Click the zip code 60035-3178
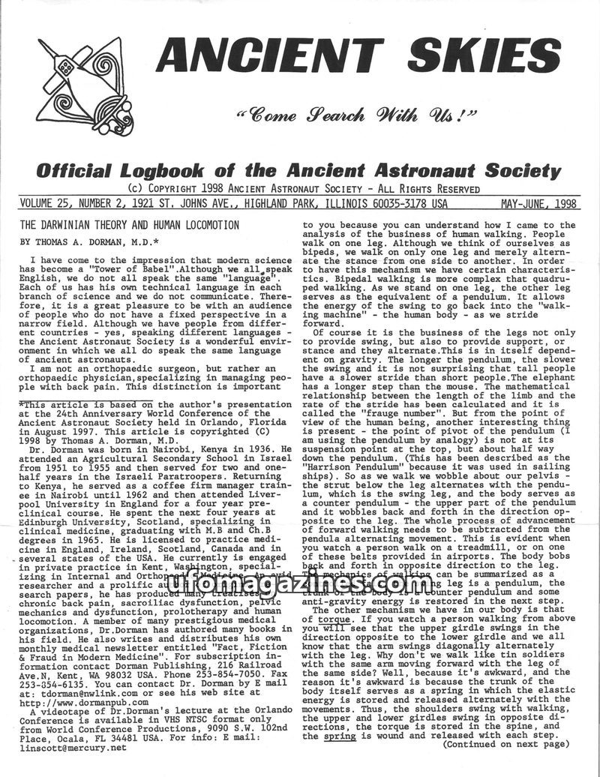coord(400,204)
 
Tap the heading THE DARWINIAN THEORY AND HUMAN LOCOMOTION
coord(130,224)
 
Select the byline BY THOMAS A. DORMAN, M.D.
coord(89,241)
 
